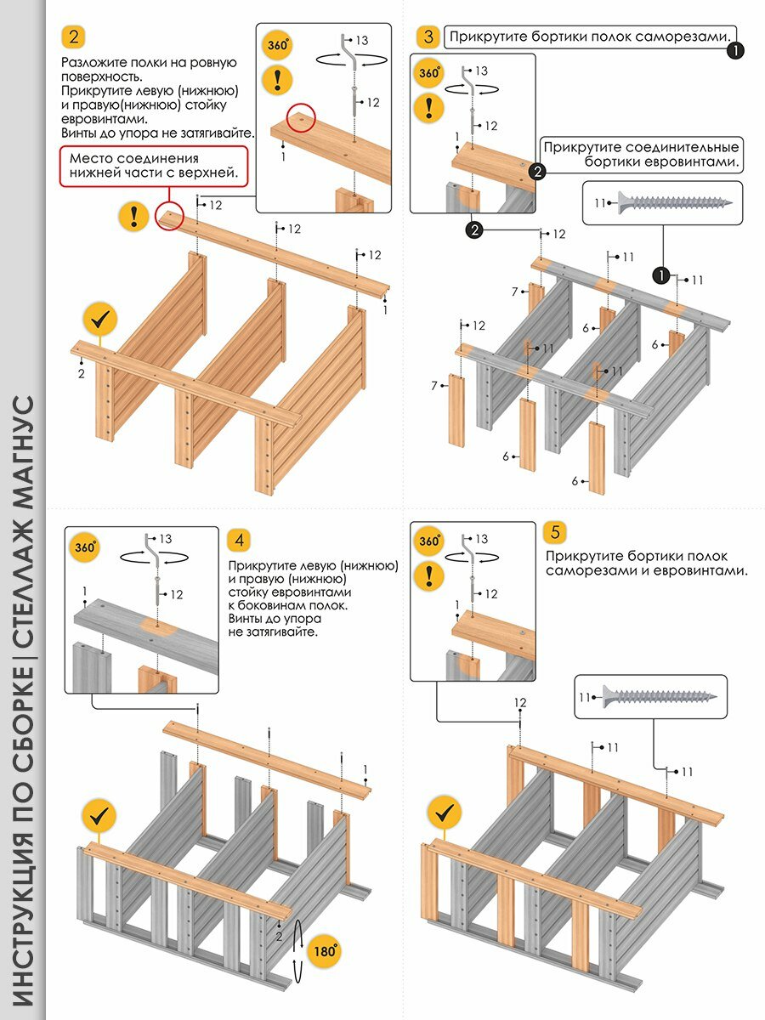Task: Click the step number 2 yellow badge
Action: coord(74,37)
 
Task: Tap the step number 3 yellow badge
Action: coord(428,37)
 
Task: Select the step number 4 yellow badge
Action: coord(239,540)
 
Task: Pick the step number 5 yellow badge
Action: coord(555,533)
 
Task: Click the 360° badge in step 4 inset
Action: coord(82,545)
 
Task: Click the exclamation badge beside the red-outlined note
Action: coord(134,215)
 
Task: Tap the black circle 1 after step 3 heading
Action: coord(735,51)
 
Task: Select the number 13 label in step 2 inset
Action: coord(361,40)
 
